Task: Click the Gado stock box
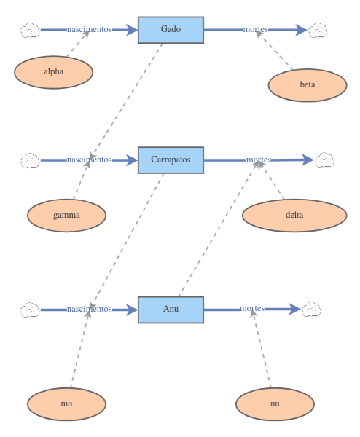171,30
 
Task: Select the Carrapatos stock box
171,160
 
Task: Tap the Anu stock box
171,310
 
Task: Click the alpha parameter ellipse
54,71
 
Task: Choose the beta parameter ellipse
308,84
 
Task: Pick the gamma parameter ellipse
66,216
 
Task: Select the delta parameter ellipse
294,215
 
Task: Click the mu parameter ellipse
66,402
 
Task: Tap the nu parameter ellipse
275,402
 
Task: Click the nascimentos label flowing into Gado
89,30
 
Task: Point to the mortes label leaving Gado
256,30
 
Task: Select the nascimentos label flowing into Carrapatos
89,160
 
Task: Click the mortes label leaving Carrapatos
259,160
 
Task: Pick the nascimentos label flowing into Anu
89,310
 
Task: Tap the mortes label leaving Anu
252,309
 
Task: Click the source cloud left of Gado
30,30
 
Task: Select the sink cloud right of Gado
318,30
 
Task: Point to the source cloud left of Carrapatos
30,160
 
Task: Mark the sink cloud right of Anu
311,309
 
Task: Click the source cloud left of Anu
30,310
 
